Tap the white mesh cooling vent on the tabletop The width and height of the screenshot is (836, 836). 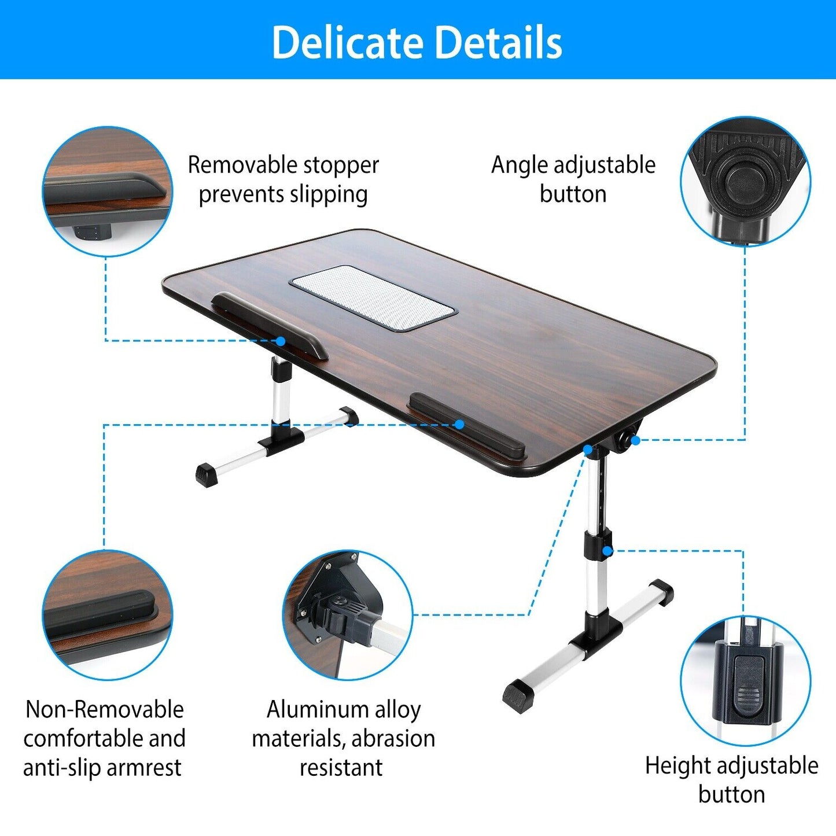pyautogui.click(x=373, y=297)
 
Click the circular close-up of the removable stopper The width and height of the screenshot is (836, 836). pyautogui.click(x=108, y=191)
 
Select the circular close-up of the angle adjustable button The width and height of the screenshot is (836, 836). pyautogui.click(x=745, y=181)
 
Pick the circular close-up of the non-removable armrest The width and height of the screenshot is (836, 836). pyautogui.click(x=108, y=615)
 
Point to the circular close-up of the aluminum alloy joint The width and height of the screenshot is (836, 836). pyautogui.click(x=347, y=615)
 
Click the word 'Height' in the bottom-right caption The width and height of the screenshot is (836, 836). pyautogui.click(x=677, y=765)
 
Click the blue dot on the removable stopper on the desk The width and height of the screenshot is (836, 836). pyautogui.click(x=281, y=341)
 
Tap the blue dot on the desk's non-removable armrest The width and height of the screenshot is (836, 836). pyautogui.click(x=459, y=425)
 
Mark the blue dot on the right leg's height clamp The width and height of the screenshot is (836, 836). pyautogui.click(x=607, y=551)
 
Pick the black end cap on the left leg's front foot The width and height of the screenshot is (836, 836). pyautogui.click(x=206, y=474)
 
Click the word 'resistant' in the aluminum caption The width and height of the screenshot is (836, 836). pyautogui.click(x=341, y=768)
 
